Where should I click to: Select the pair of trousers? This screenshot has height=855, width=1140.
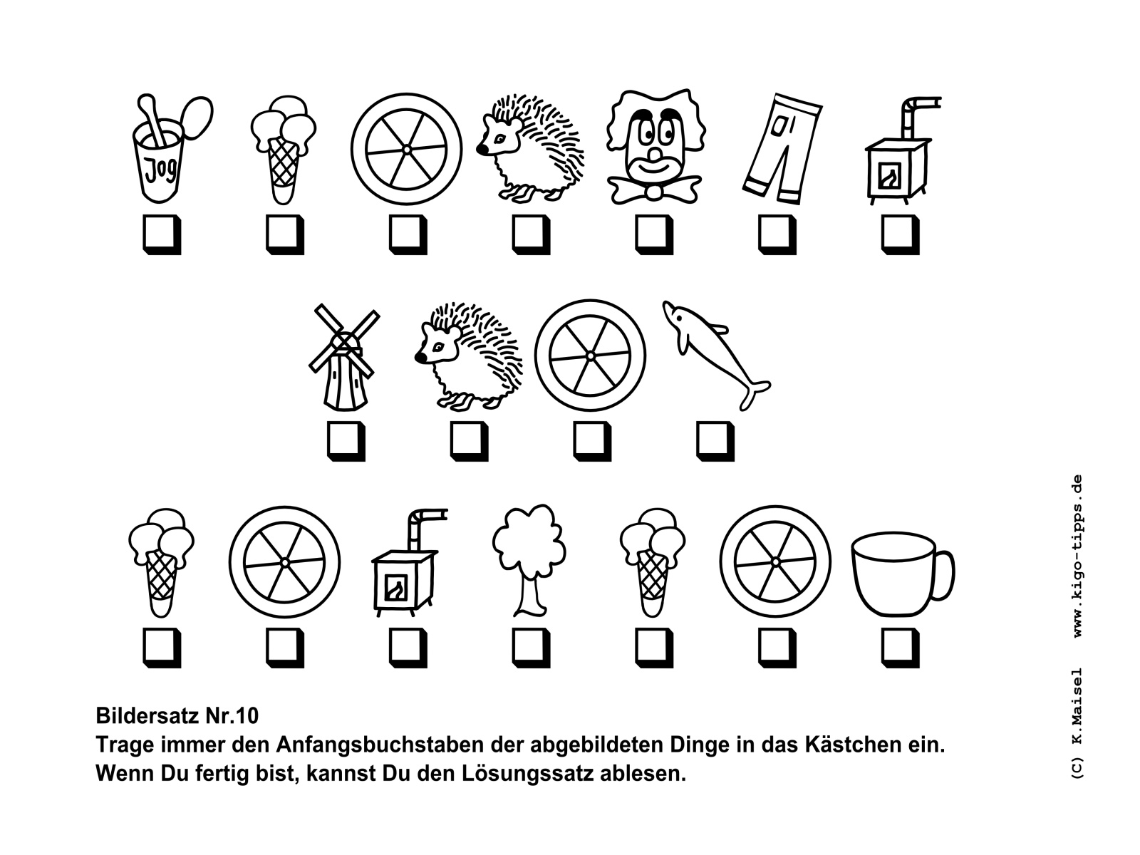(782, 149)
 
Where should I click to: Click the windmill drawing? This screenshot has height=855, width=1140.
(344, 358)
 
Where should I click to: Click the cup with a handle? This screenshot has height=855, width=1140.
(903, 573)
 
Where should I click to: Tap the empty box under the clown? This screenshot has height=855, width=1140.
(654, 234)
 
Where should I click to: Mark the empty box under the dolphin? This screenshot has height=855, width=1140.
(715, 441)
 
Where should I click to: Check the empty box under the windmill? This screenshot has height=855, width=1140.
(346, 441)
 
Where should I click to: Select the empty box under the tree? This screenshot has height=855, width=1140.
(531, 648)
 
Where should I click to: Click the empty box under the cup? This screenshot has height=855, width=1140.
(900, 648)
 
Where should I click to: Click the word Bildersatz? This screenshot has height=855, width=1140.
(147, 716)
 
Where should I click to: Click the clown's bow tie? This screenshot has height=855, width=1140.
(655, 189)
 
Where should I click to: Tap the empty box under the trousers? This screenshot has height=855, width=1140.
(777, 234)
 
